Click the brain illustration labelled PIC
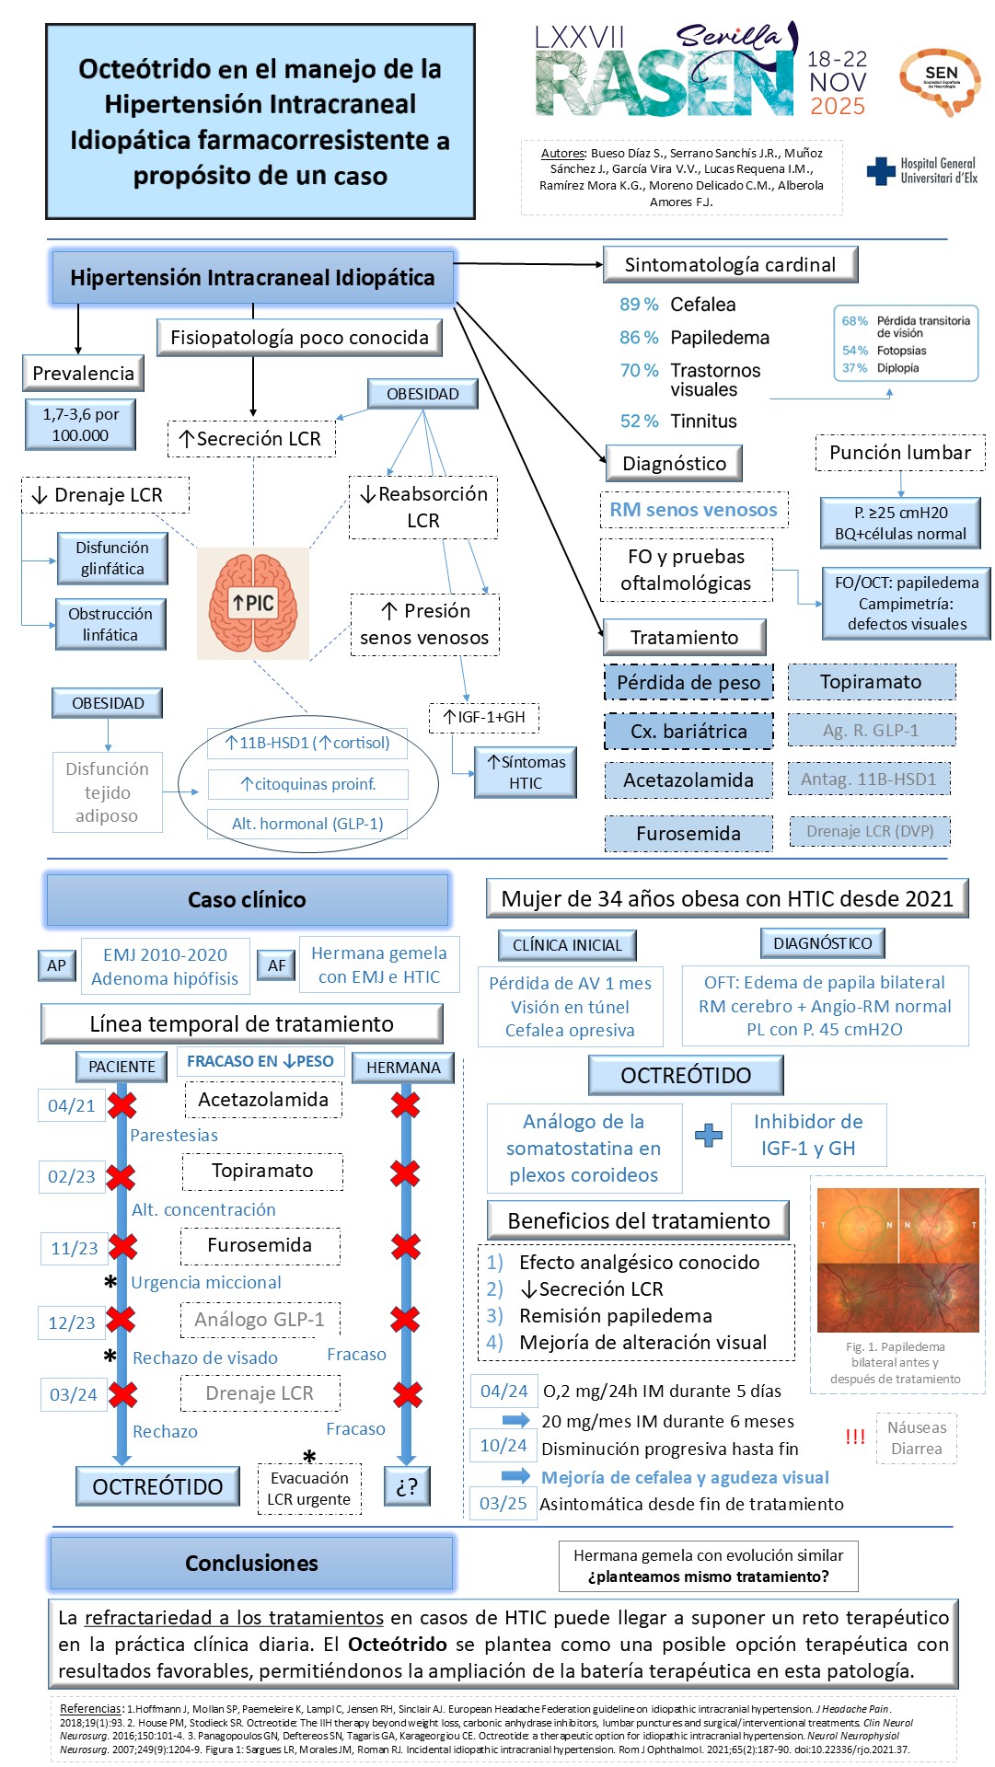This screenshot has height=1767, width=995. [x=253, y=603]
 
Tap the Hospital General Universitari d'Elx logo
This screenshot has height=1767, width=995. [x=922, y=170]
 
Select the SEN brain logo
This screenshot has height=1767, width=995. [x=940, y=81]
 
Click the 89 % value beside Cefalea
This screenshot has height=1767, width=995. [x=639, y=305]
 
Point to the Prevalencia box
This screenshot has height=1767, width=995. [x=83, y=374]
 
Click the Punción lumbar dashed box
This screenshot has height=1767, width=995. [x=899, y=453]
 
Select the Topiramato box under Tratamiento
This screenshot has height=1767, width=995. [x=871, y=682]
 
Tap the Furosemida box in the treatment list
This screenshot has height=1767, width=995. [x=688, y=834]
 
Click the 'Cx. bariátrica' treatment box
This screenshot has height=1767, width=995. [x=688, y=732]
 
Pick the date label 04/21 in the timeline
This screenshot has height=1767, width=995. [x=71, y=1106]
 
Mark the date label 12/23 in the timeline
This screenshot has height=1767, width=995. [x=72, y=1322]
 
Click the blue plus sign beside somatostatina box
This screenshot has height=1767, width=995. [x=708, y=1135]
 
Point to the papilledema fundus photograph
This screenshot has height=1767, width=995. [x=897, y=1259]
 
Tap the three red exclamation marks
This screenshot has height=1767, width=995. [x=855, y=1437]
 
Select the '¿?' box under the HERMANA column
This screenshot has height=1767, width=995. [x=407, y=1486]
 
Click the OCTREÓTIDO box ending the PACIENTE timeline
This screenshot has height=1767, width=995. [x=157, y=1486]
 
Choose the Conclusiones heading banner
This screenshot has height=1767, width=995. [x=251, y=1563]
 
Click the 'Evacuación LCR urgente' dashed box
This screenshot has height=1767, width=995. [x=309, y=1488]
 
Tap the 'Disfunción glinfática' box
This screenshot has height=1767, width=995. [x=112, y=559]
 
